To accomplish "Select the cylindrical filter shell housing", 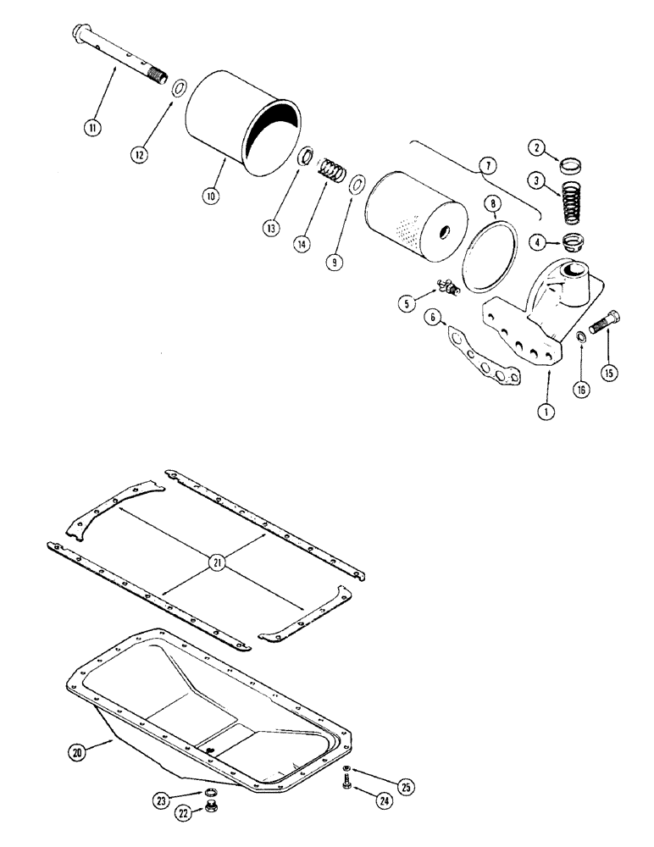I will tap(241, 127).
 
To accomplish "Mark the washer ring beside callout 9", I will tap(357, 184).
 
